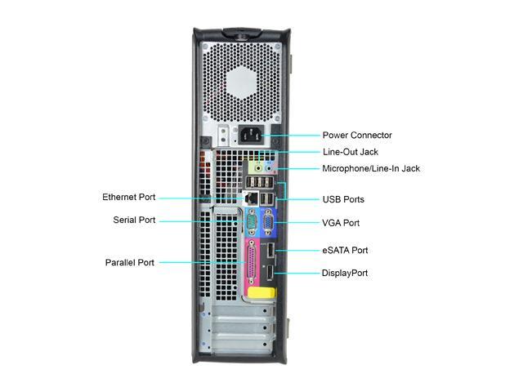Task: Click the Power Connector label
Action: click(x=357, y=136)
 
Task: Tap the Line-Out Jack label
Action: click(x=350, y=152)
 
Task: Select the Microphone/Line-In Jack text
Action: click(x=371, y=169)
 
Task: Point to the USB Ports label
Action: click(x=343, y=199)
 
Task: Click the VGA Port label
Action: click(x=341, y=223)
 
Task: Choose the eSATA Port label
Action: click(x=345, y=251)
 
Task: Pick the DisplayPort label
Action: click(x=345, y=273)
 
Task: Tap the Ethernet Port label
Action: click(x=128, y=198)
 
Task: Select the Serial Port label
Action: click(x=134, y=220)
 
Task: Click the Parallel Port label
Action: click(x=129, y=263)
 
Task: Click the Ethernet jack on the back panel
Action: click(x=253, y=198)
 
